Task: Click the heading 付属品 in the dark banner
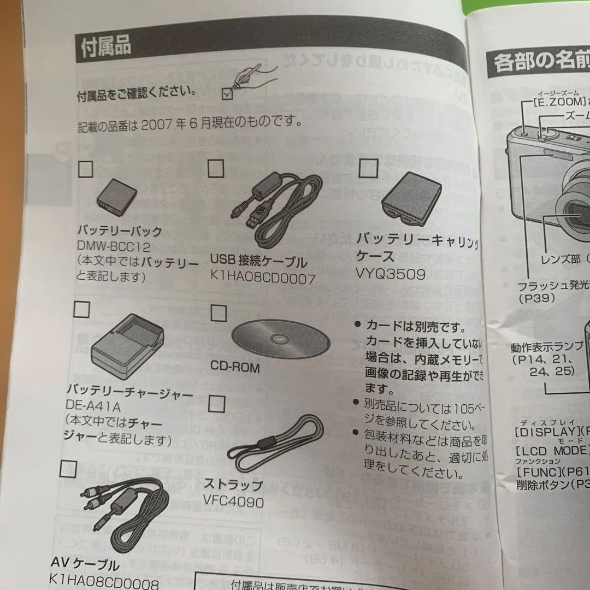pos(106,46)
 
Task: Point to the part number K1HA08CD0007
pos(262,279)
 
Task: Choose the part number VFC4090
pos(233,501)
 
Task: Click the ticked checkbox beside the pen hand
pos(227,94)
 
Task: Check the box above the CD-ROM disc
pos(219,313)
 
